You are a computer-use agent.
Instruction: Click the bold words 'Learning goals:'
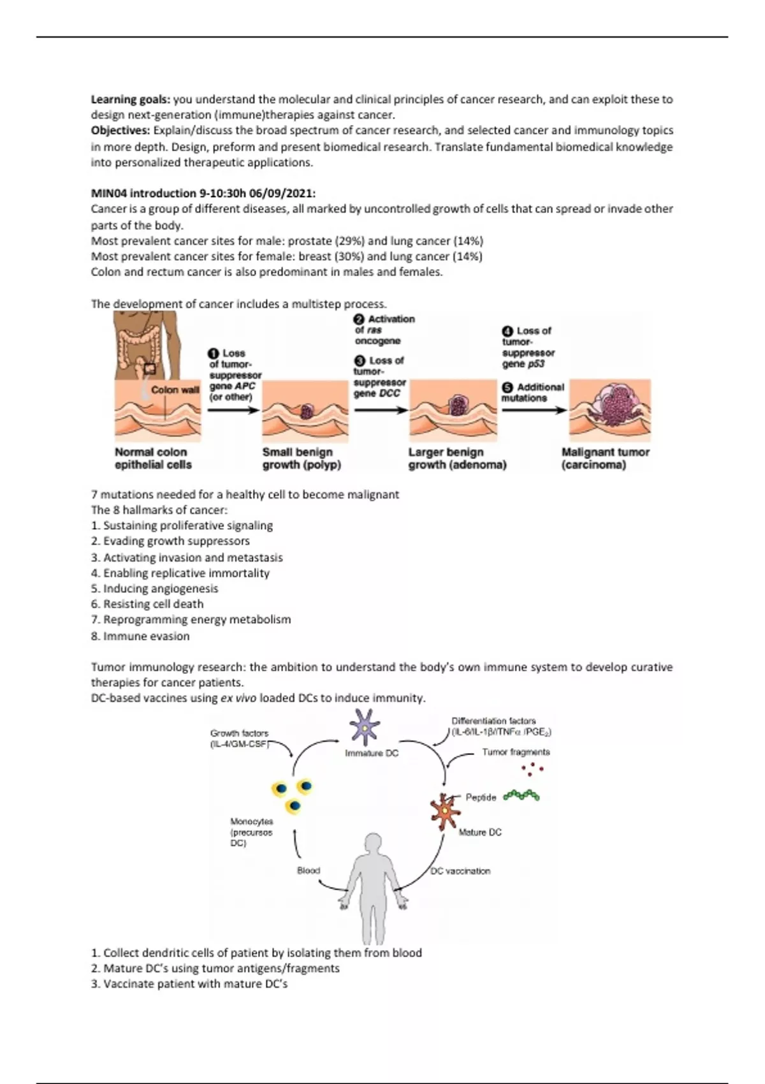coord(130,99)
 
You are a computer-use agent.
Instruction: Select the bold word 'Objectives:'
coord(120,130)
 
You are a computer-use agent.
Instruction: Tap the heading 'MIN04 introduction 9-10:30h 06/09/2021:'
coord(203,193)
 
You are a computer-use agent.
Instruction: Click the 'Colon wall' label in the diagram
coord(175,390)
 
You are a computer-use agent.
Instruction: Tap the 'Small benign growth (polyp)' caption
coord(301,458)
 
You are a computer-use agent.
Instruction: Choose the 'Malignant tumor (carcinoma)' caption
coord(605,458)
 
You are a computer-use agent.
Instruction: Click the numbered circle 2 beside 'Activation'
coord(359,319)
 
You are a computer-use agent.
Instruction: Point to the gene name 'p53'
coord(536,364)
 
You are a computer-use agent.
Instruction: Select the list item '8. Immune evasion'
coord(140,636)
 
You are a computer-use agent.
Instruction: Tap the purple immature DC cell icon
coord(365,728)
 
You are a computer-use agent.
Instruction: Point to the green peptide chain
coord(521,795)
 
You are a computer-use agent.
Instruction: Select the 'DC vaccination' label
coord(460,871)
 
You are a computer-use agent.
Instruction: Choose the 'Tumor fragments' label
coord(516,752)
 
